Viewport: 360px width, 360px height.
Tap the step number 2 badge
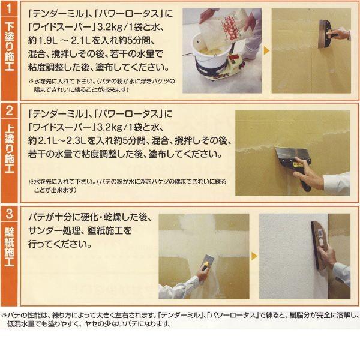[10, 112]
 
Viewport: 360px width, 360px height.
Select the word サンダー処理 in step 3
[59, 230]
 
